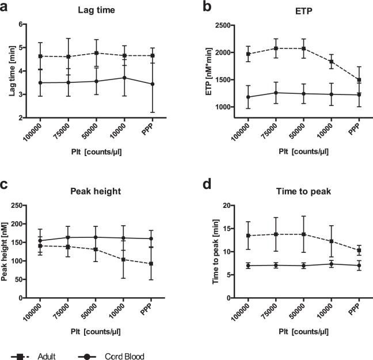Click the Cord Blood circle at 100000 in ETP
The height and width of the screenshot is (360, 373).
pos(248,97)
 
